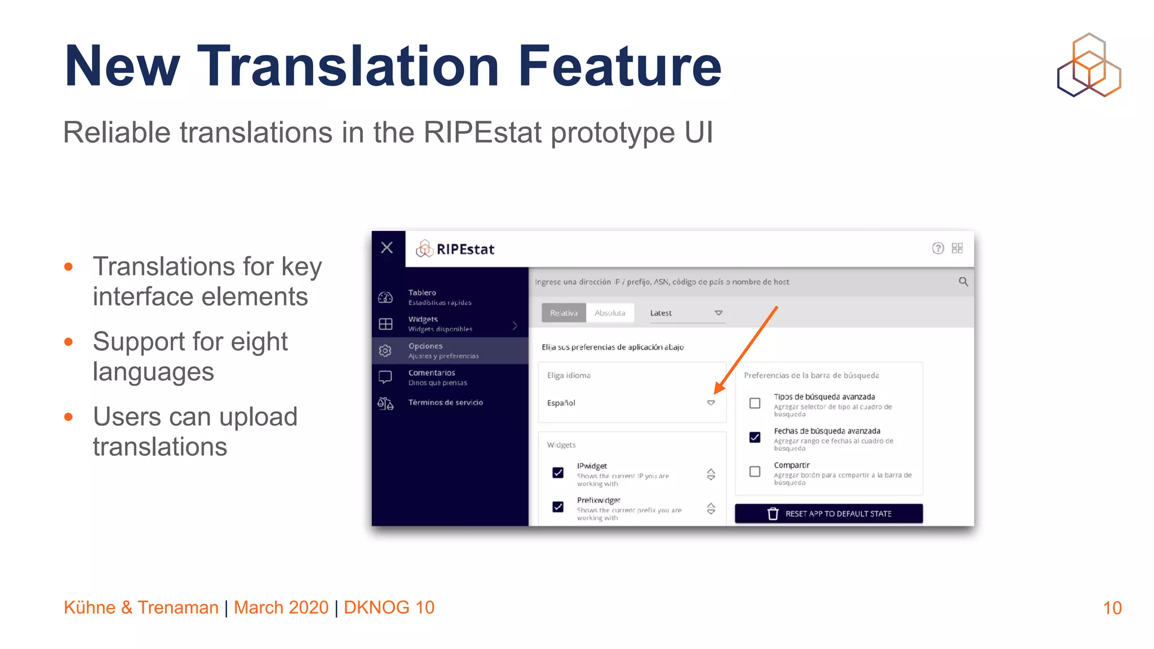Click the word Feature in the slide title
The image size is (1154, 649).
point(620,66)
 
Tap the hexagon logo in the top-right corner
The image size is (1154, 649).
point(1089,65)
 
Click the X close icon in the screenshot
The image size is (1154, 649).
point(387,247)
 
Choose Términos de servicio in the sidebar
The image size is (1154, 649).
point(445,402)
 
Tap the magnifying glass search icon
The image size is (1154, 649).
point(963,281)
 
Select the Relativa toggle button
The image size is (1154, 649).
point(563,313)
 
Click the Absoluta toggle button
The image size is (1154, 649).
point(610,313)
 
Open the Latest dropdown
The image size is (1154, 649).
point(686,313)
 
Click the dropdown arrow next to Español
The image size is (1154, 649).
point(711,403)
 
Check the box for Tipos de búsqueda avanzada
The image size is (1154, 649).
point(755,403)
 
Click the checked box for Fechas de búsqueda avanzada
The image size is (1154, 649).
point(755,437)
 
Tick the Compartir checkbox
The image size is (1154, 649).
point(755,472)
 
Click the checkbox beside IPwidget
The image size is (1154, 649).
point(558,473)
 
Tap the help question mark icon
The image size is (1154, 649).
point(938,248)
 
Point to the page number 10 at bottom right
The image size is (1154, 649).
point(1112,608)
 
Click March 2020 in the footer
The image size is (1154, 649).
point(281,607)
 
